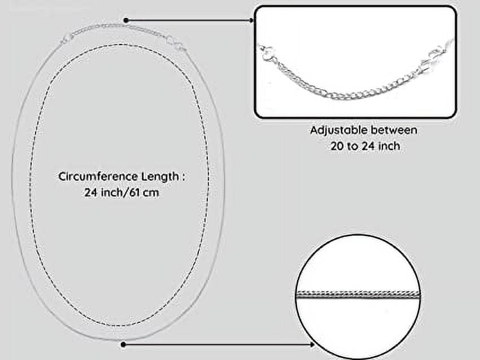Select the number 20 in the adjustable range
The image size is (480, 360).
click(x=337, y=146)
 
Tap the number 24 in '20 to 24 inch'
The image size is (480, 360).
click(x=369, y=146)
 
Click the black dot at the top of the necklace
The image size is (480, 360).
click(x=126, y=20)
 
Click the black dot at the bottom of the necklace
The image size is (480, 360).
click(x=123, y=345)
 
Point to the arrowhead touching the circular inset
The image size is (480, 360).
click(x=312, y=345)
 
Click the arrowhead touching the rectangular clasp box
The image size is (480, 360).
click(x=251, y=20)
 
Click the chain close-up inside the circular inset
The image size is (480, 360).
click(x=358, y=294)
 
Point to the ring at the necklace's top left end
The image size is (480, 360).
click(x=67, y=39)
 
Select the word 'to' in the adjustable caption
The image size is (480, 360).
click(x=352, y=147)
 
